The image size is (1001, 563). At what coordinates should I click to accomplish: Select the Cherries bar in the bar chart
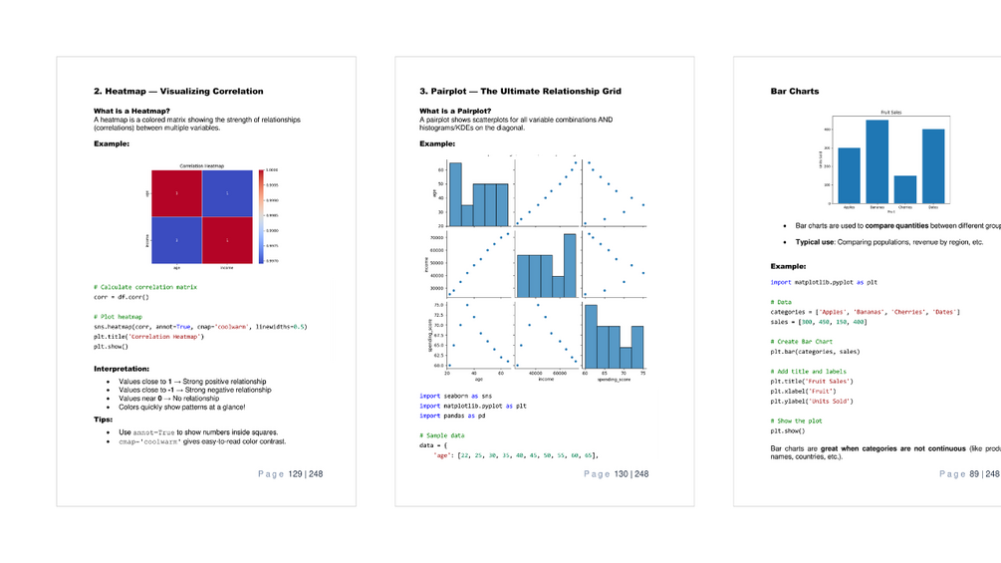point(904,189)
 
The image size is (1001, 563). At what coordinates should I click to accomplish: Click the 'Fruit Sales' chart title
point(891,113)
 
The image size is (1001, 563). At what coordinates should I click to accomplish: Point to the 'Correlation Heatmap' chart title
point(203,165)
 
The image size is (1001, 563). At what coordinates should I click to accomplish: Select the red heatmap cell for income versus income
point(228,240)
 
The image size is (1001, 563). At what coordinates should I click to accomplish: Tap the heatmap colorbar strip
point(261,216)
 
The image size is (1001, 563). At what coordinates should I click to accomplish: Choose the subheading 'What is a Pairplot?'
point(454,111)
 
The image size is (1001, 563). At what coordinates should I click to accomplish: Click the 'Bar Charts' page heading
point(795,92)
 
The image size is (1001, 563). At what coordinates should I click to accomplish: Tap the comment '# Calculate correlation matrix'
point(145,287)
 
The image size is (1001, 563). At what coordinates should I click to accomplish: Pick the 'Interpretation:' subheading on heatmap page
point(122,369)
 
